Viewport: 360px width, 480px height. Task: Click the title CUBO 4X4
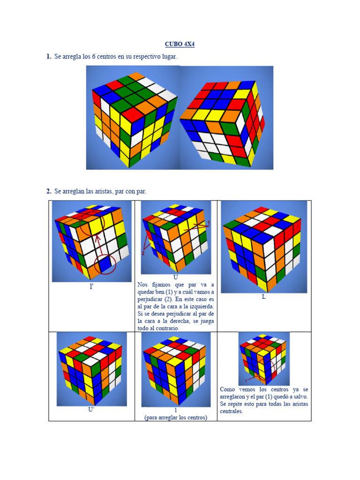click(180, 44)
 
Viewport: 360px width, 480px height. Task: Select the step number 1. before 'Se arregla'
click(48, 57)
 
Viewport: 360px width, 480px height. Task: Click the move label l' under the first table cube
click(91, 286)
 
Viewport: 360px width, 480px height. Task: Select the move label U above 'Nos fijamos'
click(175, 277)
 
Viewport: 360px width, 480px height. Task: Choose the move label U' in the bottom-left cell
click(91, 409)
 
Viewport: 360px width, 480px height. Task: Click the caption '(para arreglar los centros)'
click(176, 418)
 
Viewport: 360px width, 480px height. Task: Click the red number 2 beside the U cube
click(143, 253)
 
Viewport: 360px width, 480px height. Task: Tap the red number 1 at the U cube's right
click(209, 222)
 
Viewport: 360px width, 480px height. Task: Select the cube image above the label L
click(264, 246)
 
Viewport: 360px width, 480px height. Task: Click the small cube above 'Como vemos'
click(263, 358)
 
